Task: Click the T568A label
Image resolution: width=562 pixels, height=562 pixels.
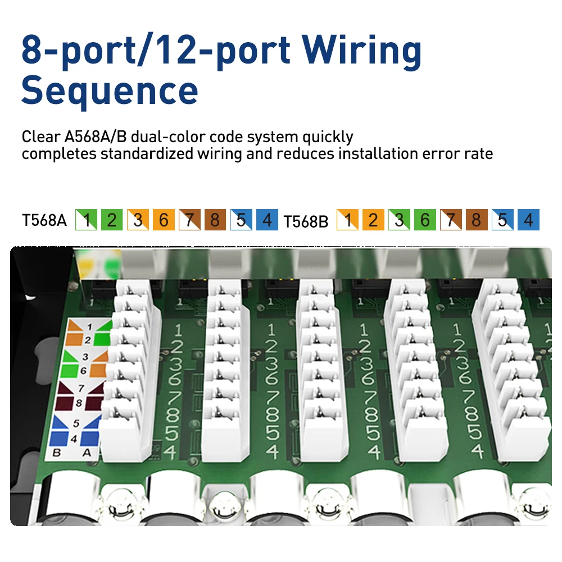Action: coord(44,220)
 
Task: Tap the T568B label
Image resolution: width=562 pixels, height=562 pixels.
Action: coord(305,221)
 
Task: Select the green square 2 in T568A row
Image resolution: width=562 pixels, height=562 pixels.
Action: coord(111,220)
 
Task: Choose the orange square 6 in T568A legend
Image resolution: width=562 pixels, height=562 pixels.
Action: coord(163,220)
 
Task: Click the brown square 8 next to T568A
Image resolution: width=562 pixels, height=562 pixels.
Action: coord(215,220)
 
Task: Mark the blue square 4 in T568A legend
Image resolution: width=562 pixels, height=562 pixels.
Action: coord(267,220)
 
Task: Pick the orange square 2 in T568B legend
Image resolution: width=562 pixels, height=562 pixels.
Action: coord(373,220)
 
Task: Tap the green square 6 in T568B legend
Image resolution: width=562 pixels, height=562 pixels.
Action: coord(425,220)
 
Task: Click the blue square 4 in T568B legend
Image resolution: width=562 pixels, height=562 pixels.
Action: coord(528,220)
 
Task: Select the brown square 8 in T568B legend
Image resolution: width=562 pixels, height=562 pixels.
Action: coord(477,220)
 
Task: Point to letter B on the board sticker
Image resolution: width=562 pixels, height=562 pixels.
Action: coord(56,452)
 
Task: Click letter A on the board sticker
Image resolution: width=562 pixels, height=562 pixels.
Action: coord(86,452)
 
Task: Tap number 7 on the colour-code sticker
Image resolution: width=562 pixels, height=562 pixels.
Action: coord(81,388)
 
